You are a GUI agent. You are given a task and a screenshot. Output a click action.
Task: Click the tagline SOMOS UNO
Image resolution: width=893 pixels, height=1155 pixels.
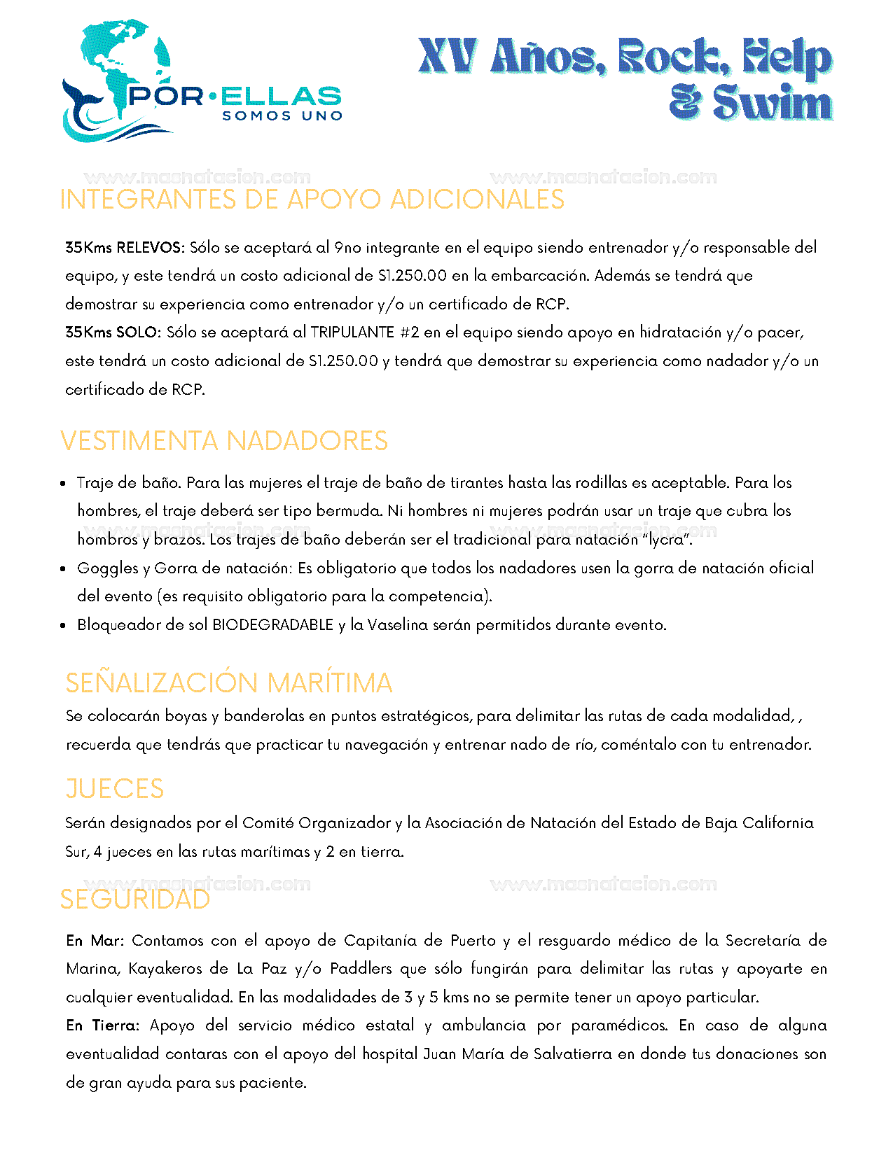coord(282,116)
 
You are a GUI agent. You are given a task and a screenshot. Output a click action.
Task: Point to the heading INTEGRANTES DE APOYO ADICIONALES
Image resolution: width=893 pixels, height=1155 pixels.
coord(312,199)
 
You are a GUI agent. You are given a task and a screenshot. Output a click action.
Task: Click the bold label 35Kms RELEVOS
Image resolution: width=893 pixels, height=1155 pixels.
coord(124,248)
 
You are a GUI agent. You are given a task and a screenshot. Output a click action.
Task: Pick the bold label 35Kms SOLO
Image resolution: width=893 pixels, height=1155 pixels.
coord(113,332)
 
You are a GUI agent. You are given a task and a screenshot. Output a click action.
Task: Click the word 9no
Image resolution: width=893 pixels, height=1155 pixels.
coord(347,248)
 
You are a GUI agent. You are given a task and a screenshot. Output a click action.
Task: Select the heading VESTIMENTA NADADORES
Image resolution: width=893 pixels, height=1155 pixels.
coord(224,441)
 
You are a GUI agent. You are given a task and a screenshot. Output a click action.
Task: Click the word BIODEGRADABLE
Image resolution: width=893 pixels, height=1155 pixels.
coord(272,625)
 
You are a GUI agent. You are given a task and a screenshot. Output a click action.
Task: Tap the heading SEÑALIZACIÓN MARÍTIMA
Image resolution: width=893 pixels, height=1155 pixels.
coord(229,683)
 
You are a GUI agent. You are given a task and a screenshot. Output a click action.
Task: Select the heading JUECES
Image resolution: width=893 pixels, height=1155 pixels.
coord(115,789)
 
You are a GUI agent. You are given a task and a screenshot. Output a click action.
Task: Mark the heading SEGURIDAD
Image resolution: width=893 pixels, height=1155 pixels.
coord(135,899)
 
